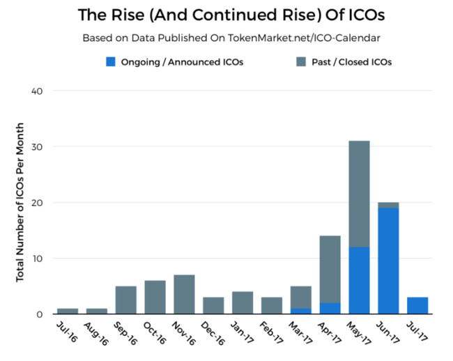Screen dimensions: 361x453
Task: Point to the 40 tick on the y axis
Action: (37, 91)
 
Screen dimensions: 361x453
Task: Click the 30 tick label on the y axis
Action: (37, 147)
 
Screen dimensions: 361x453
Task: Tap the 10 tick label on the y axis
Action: (38, 259)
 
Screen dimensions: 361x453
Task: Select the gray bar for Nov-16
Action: (184, 295)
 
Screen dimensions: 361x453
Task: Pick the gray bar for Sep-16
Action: (125, 300)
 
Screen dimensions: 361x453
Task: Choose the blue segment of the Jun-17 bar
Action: (389, 261)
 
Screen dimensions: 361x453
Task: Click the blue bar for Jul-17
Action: (418, 306)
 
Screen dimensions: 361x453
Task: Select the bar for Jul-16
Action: (67, 312)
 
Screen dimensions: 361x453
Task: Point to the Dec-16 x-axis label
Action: (210, 332)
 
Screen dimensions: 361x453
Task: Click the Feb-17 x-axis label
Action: (269, 332)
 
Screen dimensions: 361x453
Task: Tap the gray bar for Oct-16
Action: (155, 298)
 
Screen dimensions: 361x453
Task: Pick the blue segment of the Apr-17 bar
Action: (330, 309)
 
